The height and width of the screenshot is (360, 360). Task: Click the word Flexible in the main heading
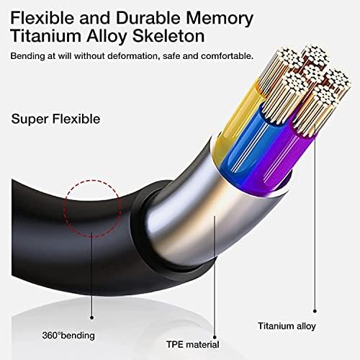[42, 17]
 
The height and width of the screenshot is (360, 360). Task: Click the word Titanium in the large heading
[46, 35]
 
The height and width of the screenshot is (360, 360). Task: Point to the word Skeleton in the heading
[168, 35]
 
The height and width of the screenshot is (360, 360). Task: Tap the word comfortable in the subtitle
[227, 56]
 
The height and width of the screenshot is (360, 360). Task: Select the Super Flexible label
[55, 119]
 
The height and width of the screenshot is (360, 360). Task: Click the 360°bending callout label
[68, 336]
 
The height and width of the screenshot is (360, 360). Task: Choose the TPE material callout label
[193, 344]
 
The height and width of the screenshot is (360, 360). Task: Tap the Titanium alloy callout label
[287, 326]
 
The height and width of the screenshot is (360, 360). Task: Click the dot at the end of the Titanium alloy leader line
[315, 311]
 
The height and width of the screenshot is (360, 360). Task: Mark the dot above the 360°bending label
[91, 318]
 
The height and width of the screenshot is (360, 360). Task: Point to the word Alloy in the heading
[107, 37]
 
